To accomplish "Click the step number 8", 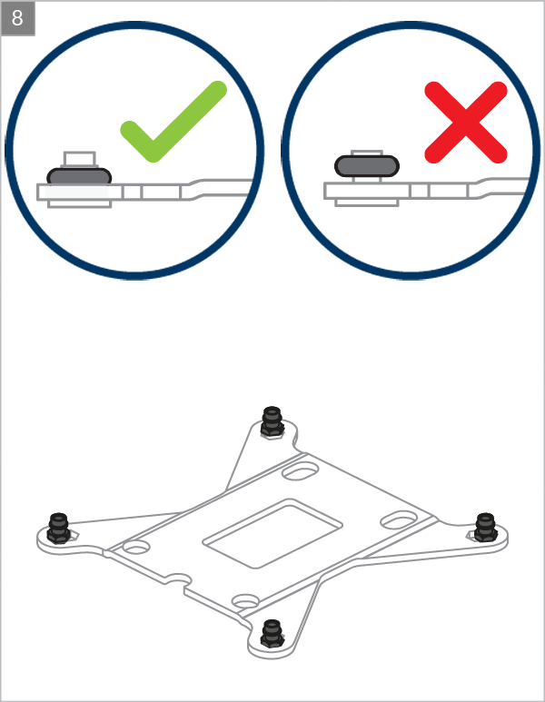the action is [x=17, y=18].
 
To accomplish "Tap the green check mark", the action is [x=173, y=122].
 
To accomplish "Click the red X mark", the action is [x=466, y=123].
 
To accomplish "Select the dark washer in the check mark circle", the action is [x=79, y=176].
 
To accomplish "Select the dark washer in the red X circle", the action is [x=367, y=166].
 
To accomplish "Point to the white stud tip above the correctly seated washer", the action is [x=80, y=159].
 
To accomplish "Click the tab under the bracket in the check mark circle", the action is [x=80, y=204].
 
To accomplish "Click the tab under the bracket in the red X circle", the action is [x=367, y=203].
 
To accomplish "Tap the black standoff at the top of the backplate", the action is [x=272, y=421].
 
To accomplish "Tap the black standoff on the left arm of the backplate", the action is [x=59, y=529].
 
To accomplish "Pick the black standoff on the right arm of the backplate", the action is [x=485, y=528].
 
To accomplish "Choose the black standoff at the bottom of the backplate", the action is [x=272, y=634].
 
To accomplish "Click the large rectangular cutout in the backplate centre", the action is [x=272, y=534].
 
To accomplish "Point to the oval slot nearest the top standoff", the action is [x=301, y=471].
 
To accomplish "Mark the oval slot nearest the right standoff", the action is [x=400, y=519].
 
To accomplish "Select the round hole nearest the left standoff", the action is [x=136, y=547].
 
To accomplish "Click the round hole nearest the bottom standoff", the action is [x=246, y=601].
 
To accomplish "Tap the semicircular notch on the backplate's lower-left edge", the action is [x=177, y=580].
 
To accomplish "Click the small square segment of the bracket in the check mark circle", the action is [x=132, y=193].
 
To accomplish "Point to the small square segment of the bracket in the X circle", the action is [x=419, y=191].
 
